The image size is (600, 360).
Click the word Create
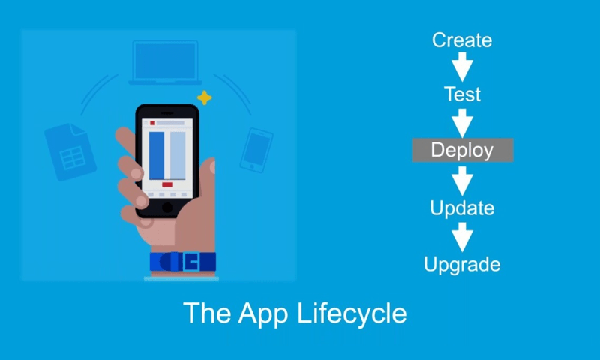pyautogui.click(x=462, y=40)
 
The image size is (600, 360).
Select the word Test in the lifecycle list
pyautogui.click(x=462, y=94)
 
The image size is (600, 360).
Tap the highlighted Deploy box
pyautogui.click(x=463, y=150)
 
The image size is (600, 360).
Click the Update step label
pyautogui.click(x=462, y=208)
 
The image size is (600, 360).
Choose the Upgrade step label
pyautogui.click(x=462, y=264)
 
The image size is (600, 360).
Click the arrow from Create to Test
pyautogui.click(x=462, y=67)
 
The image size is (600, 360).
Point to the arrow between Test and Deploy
pyautogui.click(x=462, y=123)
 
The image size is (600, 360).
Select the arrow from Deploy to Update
pyautogui.click(x=462, y=181)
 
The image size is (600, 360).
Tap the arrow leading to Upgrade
pyautogui.click(x=462, y=237)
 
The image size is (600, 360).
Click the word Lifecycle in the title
pyautogui.click(x=352, y=313)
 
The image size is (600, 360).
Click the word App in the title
pyautogui.click(x=263, y=314)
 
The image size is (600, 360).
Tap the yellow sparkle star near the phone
pyautogui.click(x=204, y=97)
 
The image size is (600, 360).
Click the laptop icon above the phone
pyautogui.click(x=165, y=62)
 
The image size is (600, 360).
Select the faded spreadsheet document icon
pyautogui.click(x=70, y=152)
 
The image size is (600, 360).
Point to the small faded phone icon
pyautogui.click(x=256, y=150)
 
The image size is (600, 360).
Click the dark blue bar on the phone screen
pyautogui.click(x=157, y=156)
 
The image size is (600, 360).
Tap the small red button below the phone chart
pyautogui.click(x=167, y=184)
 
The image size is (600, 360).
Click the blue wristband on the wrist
pyautogui.click(x=183, y=262)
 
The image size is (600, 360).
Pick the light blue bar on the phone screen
pyautogui.click(x=178, y=156)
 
